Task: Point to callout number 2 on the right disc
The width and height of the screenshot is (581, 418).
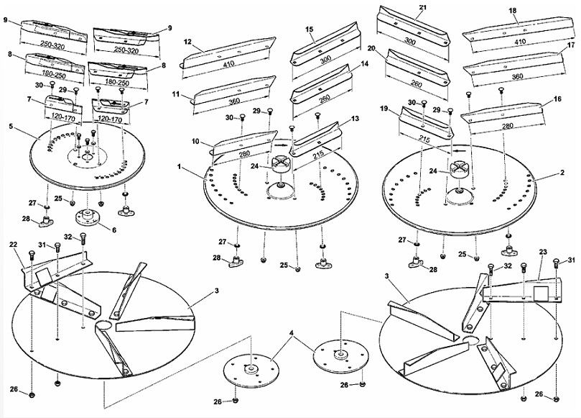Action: coord(562,173)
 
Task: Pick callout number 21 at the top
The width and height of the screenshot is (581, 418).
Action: coord(423,7)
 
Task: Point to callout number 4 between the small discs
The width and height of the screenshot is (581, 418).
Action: coord(292,333)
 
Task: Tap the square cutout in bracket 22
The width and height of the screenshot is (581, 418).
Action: coord(44,276)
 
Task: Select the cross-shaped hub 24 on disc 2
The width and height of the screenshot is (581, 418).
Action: coord(458,171)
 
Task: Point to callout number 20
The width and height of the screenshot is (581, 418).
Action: coord(371,48)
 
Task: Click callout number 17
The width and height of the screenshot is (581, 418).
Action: coord(571,45)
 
